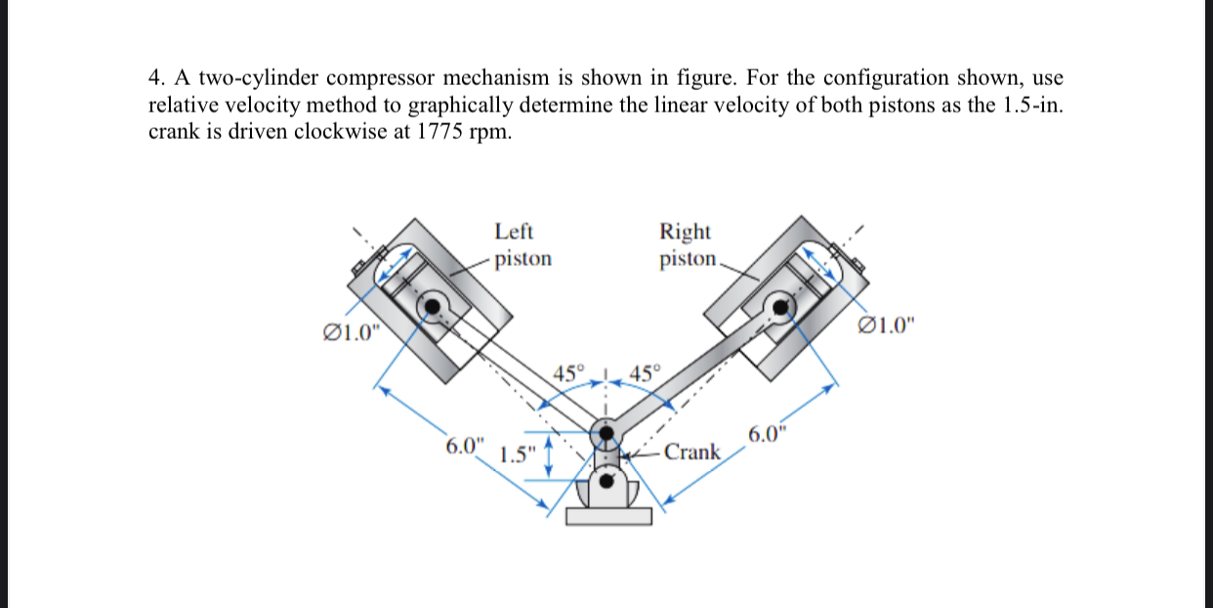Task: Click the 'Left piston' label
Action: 523,245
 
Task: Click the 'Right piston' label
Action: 686,245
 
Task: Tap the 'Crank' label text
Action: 692,452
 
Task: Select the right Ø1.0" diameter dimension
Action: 885,326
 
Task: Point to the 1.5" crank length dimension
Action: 518,456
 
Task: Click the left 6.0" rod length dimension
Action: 464,446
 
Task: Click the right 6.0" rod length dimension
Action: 768,435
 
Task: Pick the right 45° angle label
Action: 646,373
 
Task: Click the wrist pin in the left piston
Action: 430,306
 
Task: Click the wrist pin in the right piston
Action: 779,306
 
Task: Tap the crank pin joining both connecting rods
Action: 606,431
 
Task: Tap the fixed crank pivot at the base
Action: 606,481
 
